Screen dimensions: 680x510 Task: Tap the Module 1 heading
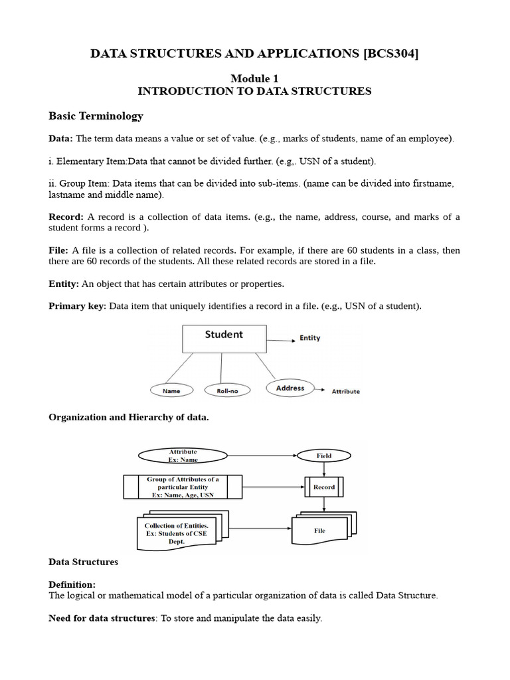click(x=254, y=78)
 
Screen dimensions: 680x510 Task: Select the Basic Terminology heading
click(x=96, y=116)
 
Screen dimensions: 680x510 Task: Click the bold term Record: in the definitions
click(x=66, y=217)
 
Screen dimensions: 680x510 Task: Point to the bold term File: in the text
click(x=58, y=250)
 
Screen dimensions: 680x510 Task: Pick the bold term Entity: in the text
click(x=64, y=284)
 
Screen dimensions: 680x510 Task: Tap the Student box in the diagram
click(x=224, y=338)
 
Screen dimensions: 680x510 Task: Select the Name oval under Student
click(x=171, y=391)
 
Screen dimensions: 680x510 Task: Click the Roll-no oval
click(x=227, y=391)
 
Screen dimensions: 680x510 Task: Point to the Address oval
click(x=290, y=388)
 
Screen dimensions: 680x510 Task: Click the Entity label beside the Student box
click(x=310, y=338)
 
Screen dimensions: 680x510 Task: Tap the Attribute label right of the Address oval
click(x=345, y=392)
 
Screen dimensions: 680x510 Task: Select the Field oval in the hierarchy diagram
click(x=324, y=456)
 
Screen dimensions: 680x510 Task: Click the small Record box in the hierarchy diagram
click(x=324, y=487)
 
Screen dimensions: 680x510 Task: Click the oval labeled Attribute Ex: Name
click(x=183, y=456)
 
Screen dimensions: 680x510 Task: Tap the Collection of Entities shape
click(x=181, y=532)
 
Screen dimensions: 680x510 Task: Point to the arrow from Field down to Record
click(x=324, y=469)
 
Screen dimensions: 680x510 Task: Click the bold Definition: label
click(x=72, y=584)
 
